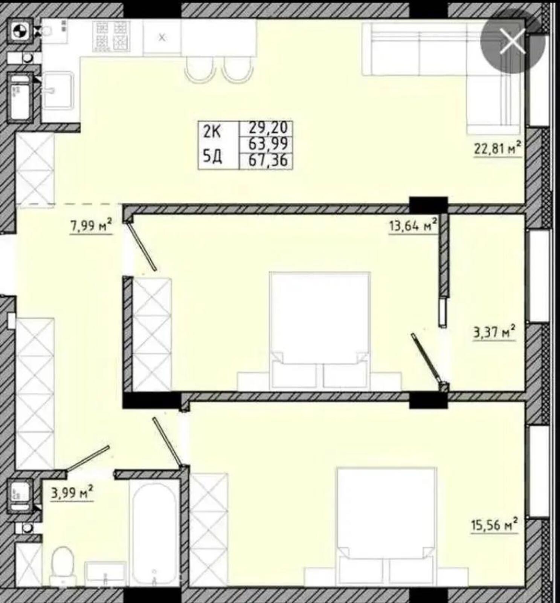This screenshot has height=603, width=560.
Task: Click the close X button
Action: coord(513,41)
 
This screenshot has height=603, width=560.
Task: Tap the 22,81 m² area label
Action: coord(497,148)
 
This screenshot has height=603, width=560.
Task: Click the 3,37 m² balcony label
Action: coord(494,332)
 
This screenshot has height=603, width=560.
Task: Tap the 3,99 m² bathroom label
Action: coord(72,493)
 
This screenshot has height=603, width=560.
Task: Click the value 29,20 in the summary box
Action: coord(268,128)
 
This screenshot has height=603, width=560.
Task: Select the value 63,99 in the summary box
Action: coord(268,144)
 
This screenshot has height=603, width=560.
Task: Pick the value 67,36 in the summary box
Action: coord(268,160)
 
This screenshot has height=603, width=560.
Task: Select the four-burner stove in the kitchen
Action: coord(111,37)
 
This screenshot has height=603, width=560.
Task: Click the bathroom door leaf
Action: coord(88,458)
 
